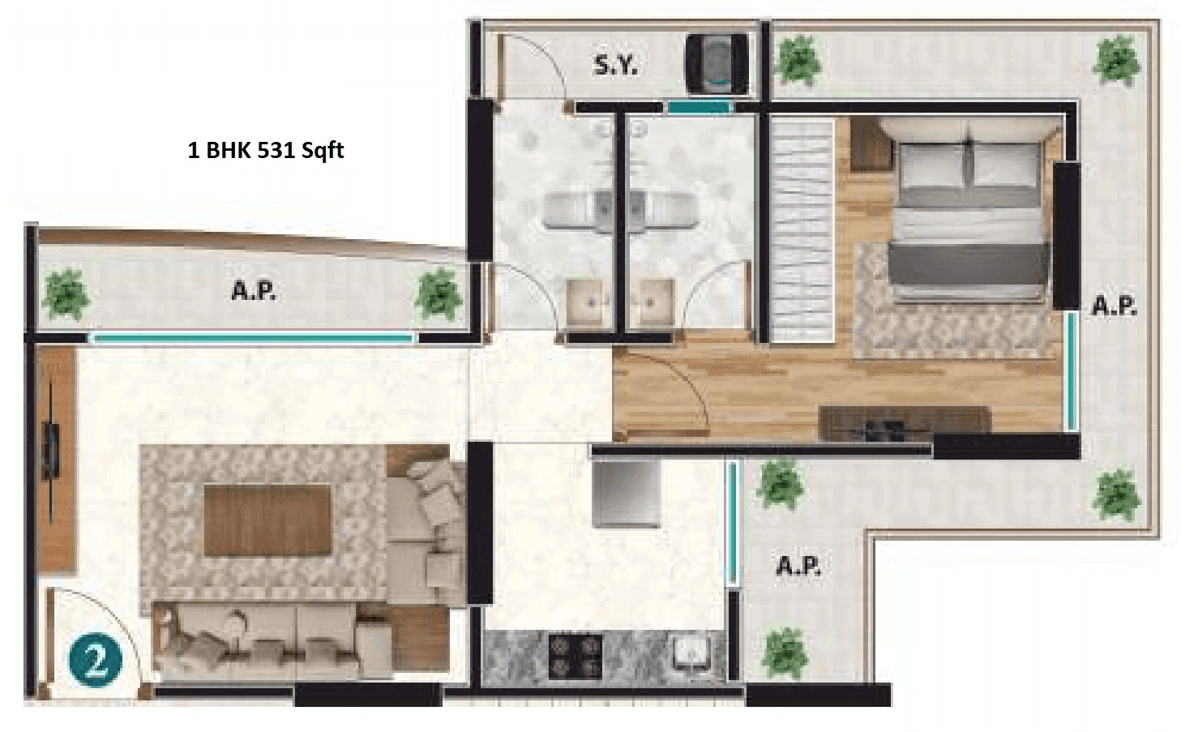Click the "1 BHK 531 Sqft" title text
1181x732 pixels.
click(x=266, y=151)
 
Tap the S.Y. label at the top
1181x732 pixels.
click(x=615, y=65)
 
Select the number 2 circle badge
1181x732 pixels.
click(x=95, y=661)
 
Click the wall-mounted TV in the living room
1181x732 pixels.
click(x=53, y=449)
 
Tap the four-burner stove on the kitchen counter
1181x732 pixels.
click(x=576, y=656)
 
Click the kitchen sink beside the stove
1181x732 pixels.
click(x=689, y=652)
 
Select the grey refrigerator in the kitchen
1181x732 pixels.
click(x=626, y=494)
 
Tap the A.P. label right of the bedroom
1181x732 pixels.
click(x=1114, y=306)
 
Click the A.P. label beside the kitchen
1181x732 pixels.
click(x=798, y=565)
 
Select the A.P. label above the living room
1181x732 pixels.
click(x=254, y=291)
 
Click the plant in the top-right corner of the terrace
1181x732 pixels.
click(x=1118, y=59)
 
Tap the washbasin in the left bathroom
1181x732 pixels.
click(x=588, y=302)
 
